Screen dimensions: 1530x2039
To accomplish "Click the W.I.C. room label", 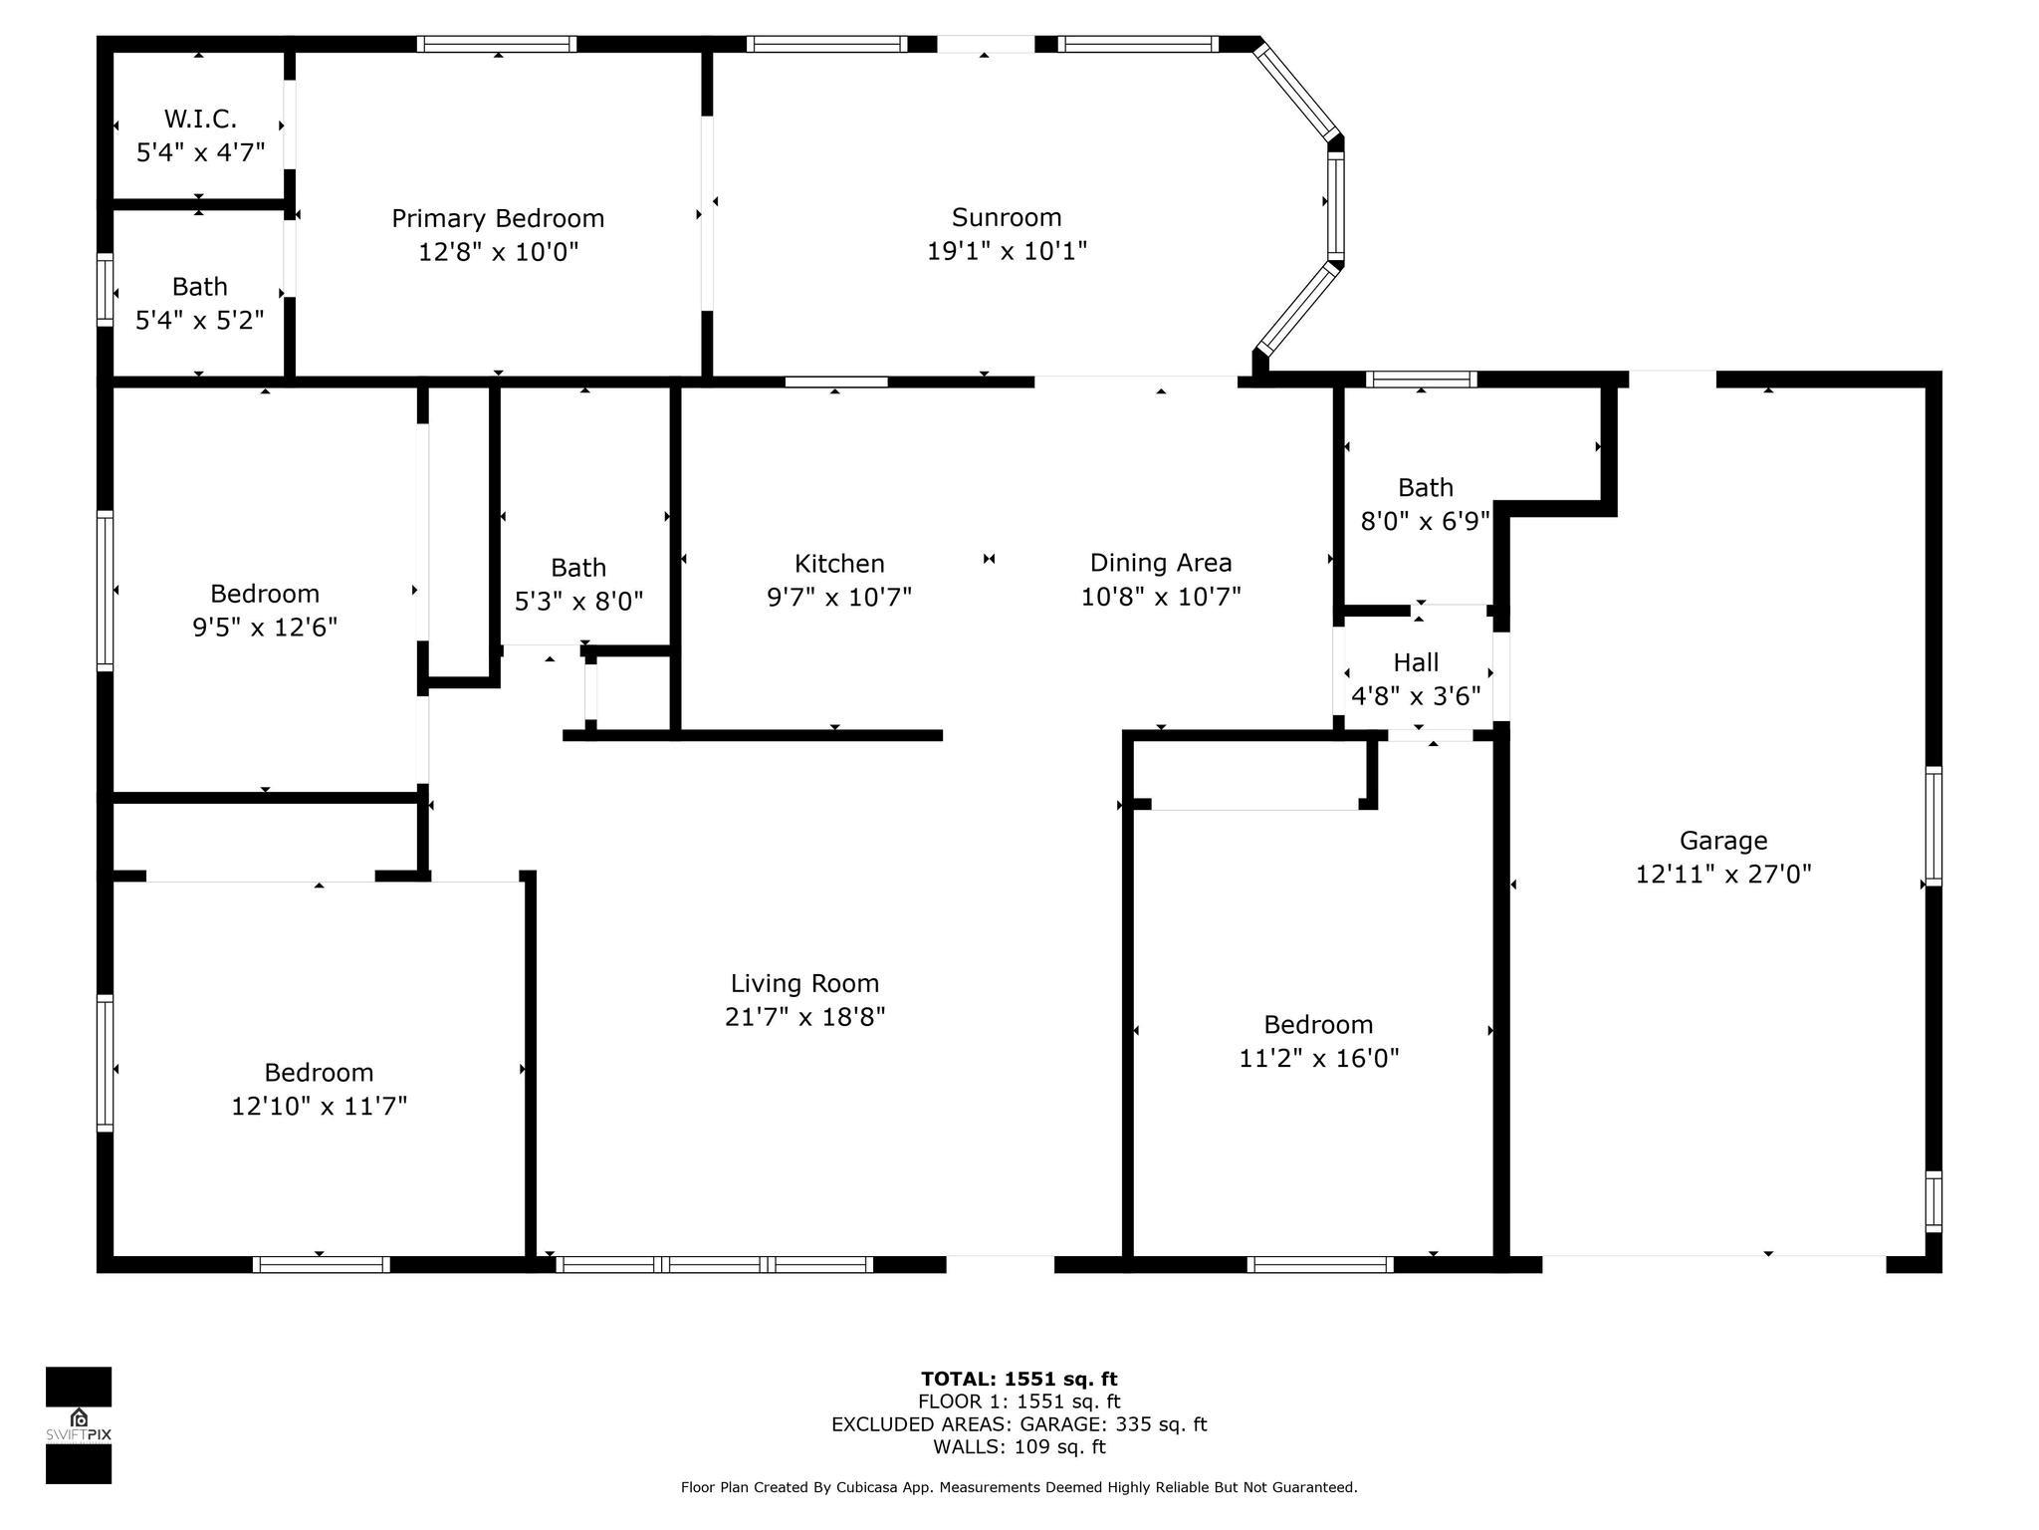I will click(200, 120).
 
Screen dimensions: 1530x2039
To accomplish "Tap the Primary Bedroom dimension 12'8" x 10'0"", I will click(498, 251).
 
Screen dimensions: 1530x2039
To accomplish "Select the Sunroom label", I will click(1006, 217).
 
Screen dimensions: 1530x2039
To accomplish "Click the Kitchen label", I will click(838, 564).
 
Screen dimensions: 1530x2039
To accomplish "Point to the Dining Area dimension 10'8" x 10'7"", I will click(1160, 597).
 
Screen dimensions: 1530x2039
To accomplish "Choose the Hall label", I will click(1415, 662).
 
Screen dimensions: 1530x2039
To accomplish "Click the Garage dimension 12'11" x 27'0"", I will click(1722, 874).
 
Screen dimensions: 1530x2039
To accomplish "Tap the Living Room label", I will click(804, 983).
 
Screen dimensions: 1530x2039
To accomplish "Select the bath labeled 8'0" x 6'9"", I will click(1425, 503).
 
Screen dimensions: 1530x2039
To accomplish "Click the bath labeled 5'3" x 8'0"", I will click(578, 584).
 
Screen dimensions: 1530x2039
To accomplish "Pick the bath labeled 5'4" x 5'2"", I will click(199, 303).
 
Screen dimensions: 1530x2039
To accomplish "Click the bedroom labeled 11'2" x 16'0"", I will click(1318, 1041).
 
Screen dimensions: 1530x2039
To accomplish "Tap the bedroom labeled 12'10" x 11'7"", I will click(319, 1089).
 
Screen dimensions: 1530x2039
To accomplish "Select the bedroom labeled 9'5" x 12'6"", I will click(264, 610).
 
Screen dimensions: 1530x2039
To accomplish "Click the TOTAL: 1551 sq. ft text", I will click(1019, 1379).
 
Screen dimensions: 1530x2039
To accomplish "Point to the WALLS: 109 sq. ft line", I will click(1019, 1446).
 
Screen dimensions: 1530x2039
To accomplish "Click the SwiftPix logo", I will click(79, 1424).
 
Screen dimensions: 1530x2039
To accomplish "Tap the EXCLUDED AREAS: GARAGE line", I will click(1019, 1424).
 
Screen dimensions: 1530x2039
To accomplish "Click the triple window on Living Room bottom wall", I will click(714, 1264).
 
